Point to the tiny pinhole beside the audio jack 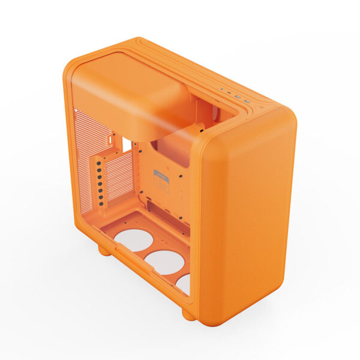pos(223,91)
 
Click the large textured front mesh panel pos(252,216)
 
